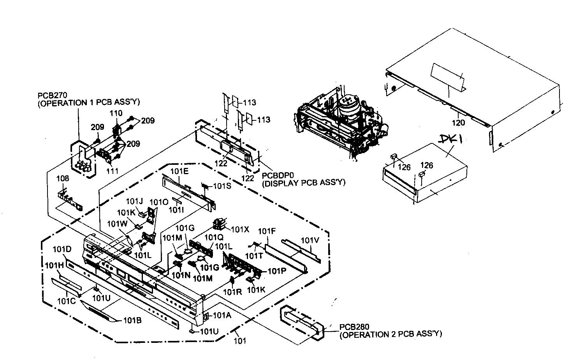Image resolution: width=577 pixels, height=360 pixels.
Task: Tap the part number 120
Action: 458,123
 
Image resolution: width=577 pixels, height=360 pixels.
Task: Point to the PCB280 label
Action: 352,326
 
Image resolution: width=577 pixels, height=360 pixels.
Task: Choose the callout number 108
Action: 63,178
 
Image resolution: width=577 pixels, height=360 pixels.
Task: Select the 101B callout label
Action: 132,321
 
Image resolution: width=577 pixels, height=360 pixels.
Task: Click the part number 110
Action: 116,113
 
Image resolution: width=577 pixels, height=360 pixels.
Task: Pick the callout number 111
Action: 113,171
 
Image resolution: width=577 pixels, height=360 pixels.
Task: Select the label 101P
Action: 273,271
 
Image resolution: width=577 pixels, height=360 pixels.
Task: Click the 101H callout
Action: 54,265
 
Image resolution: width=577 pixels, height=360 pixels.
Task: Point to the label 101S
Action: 222,186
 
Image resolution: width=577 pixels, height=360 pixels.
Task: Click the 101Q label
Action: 214,237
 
